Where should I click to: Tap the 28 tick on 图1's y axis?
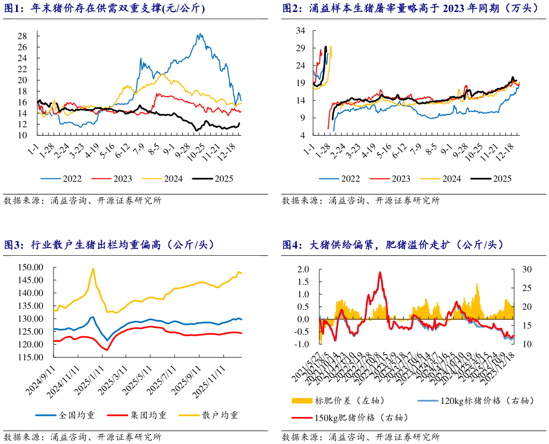pyautogui.click(x=22, y=36)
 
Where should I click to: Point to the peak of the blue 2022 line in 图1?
pyautogui.click(x=200, y=34)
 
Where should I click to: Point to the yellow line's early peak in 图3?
pyautogui.click(x=93, y=268)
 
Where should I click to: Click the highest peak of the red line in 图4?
pyautogui.click(x=380, y=272)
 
